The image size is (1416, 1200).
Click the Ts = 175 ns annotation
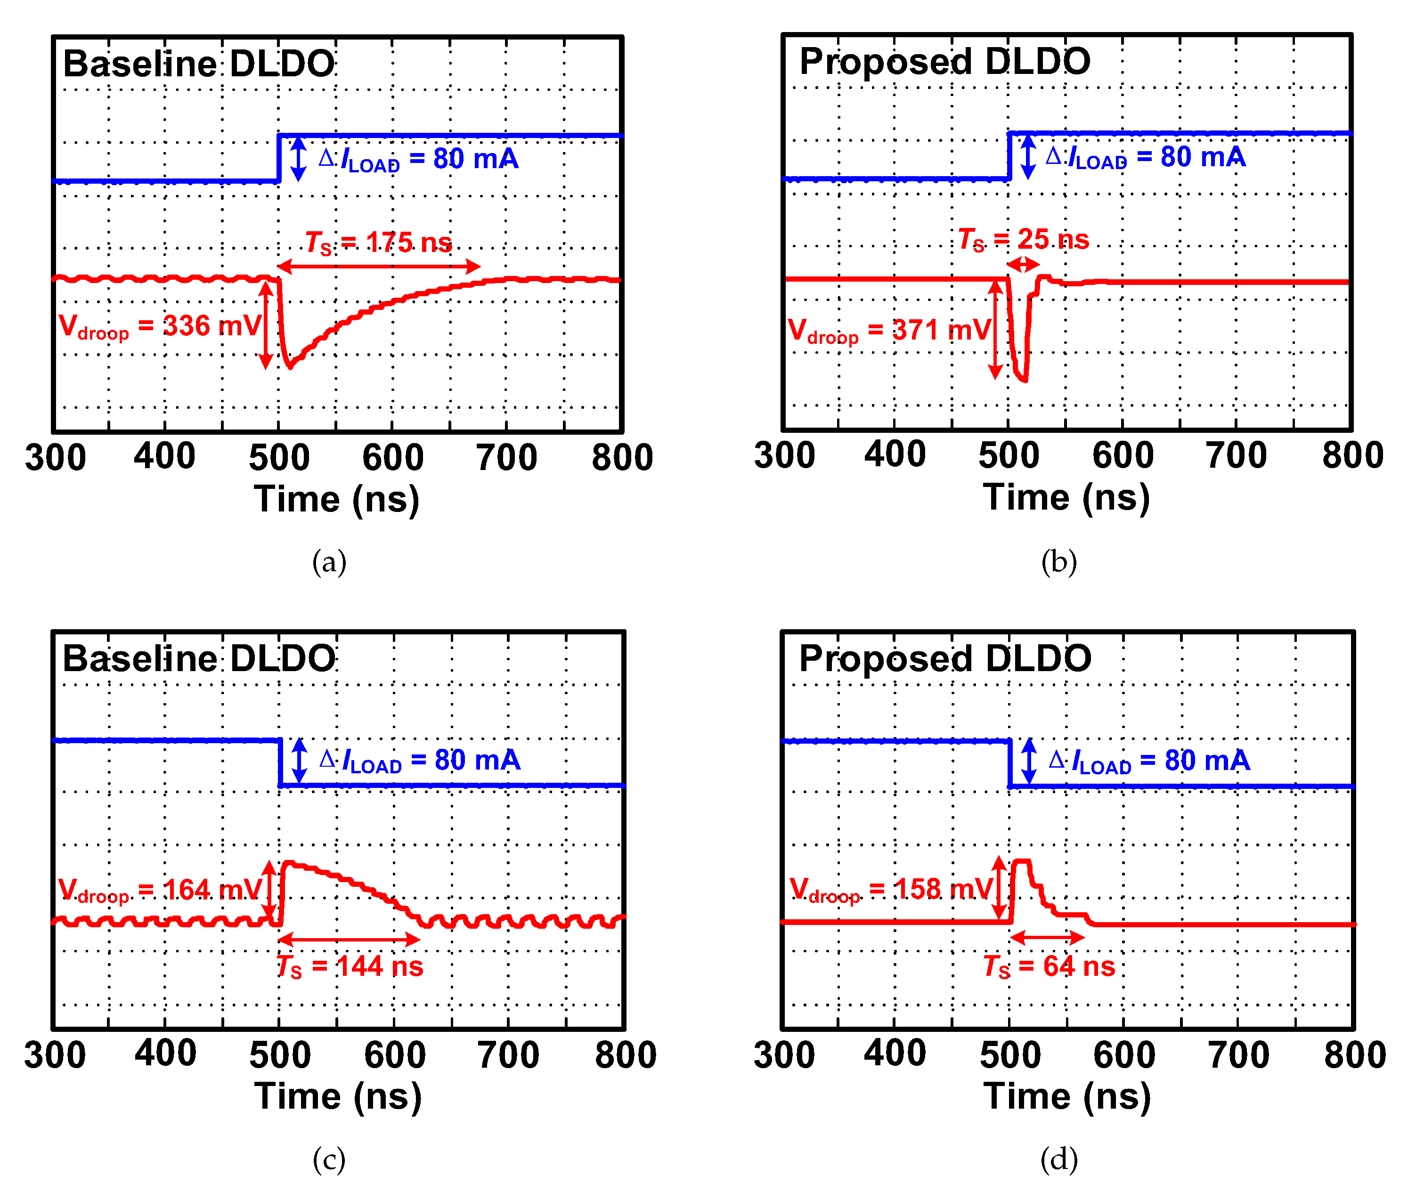click(x=378, y=242)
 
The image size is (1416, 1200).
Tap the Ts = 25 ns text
click(x=1024, y=239)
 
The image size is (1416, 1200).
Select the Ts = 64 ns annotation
click(x=1049, y=966)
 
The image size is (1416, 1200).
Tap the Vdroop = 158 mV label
click(x=891, y=889)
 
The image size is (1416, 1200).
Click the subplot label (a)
click(x=329, y=562)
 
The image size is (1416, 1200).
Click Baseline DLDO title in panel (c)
click(x=199, y=658)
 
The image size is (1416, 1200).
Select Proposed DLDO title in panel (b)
click(x=944, y=61)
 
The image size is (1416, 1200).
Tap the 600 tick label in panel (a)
click(x=392, y=457)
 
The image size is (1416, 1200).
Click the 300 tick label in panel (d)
click(x=784, y=1054)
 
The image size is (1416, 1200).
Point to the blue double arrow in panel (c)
click(x=299, y=761)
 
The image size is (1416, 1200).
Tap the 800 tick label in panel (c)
click(x=625, y=1054)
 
